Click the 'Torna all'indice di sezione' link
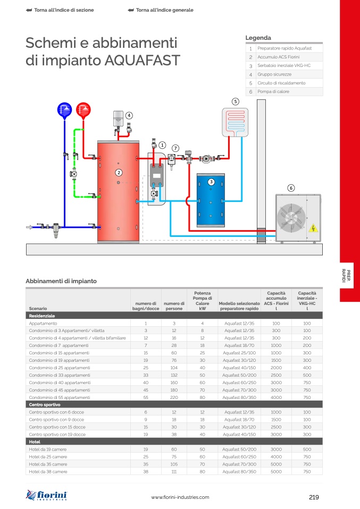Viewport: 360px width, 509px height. pyautogui.click(x=60, y=10)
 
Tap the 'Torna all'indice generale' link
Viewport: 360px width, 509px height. pyautogui.click(x=164, y=10)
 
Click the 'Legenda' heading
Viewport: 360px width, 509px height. pyautogui.click(x=258, y=38)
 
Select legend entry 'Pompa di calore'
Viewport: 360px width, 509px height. pyautogui.click(x=273, y=92)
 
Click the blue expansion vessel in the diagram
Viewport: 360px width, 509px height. pyautogui.click(x=64, y=110)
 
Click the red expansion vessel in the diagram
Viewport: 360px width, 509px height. pyautogui.click(x=83, y=110)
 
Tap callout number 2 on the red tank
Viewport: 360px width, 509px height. pyautogui.click(x=119, y=173)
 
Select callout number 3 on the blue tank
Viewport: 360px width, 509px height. pyautogui.click(x=211, y=182)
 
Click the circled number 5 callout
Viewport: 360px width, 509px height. pyautogui.click(x=236, y=101)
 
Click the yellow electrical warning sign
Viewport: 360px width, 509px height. pyautogui.click(x=314, y=229)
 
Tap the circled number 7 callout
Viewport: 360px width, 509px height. pyautogui.click(x=175, y=148)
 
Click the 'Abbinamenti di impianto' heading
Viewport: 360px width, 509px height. pyautogui.click(x=61, y=281)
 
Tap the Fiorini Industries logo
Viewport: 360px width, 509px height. pyautogui.click(x=47, y=495)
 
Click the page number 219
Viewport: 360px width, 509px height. pyautogui.click(x=313, y=497)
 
